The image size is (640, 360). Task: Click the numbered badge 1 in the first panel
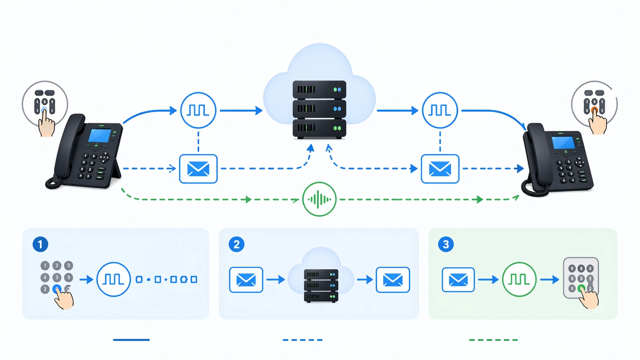click(40, 244)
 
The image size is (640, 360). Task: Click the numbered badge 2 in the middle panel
click(236, 244)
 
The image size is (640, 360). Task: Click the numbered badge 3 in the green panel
click(446, 244)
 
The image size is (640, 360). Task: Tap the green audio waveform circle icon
click(319, 199)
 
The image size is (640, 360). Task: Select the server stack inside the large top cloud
click(319, 109)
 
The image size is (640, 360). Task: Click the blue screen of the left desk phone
click(99, 135)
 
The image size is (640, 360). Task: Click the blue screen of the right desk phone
click(563, 142)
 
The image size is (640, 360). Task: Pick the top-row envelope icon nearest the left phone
click(198, 169)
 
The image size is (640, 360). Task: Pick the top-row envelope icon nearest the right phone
click(440, 169)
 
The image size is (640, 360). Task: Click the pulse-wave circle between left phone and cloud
click(198, 110)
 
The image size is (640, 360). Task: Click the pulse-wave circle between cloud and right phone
click(439, 110)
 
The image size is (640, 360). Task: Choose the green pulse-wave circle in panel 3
click(519, 279)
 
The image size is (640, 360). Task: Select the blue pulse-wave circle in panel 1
click(113, 279)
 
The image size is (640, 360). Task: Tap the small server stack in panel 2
click(321, 285)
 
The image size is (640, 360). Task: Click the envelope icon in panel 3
click(458, 280)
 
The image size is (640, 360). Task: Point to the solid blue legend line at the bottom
click(131, 340)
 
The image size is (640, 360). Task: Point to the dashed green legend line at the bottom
click(493, 340)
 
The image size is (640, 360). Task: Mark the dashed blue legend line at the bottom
click(302, 340)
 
